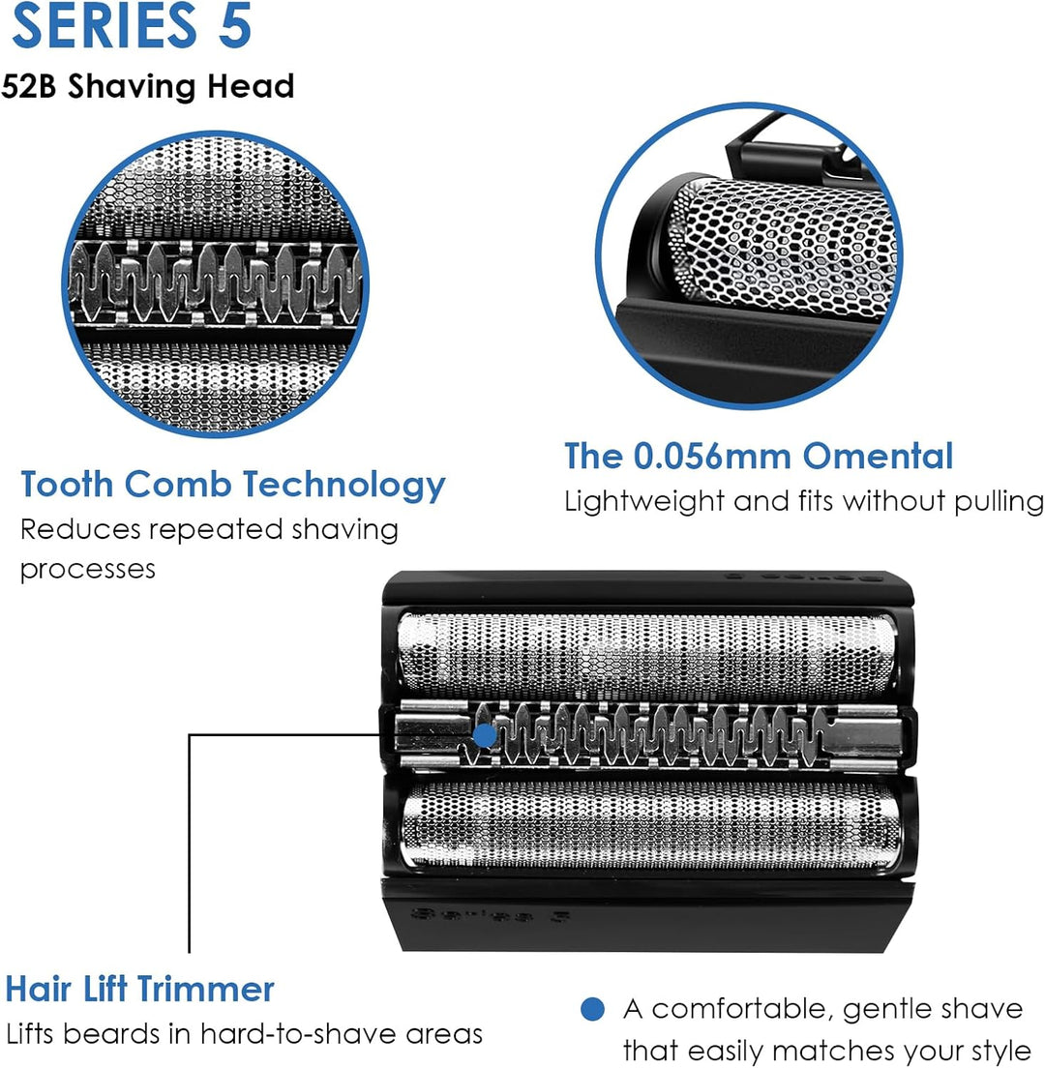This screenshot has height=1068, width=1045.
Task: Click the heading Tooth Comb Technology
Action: pos(233,486)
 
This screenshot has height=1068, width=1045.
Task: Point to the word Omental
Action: pos(878,456)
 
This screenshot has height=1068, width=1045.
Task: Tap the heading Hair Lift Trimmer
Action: pos(139,989)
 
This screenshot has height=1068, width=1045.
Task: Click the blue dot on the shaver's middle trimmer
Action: pos(485,735)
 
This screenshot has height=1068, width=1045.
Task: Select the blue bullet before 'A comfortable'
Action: pos(593,1009)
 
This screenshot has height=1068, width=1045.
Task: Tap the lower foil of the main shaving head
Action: pos(650,825)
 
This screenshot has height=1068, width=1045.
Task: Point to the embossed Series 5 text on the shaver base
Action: pos(490,915)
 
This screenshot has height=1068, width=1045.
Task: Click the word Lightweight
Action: pos(643,503)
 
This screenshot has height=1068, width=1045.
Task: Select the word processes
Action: pos(88,570)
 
